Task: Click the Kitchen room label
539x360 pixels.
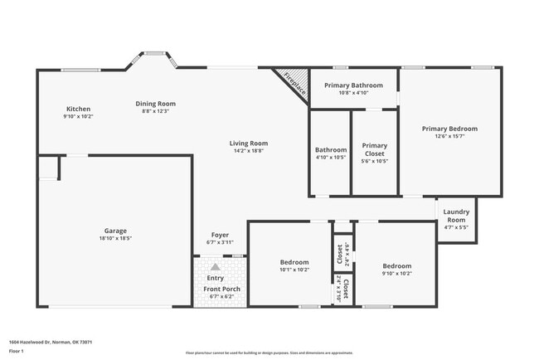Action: (x=78, y=109)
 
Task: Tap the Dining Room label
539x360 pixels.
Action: (x=156, y=104)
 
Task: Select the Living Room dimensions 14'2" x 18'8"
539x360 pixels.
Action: (x=249, y=151)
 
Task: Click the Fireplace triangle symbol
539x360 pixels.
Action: (x=292, y=81)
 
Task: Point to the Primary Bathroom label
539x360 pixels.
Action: (x=353, y=85)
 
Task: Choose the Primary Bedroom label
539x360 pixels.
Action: (x=449, y=129)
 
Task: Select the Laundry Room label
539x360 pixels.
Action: (x=456, y=216)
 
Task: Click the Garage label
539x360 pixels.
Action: (x=115, y=231)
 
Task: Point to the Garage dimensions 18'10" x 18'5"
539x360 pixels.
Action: (x=115, y=238)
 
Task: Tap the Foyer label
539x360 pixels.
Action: (x=220, y=235)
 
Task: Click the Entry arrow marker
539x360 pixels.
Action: (x=216, y=266)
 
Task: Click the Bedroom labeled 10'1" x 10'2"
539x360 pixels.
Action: (x=294, y=262)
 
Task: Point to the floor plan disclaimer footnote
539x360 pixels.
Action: (x=269, y=352)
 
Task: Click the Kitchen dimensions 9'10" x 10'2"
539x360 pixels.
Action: (x=78, y=116)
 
